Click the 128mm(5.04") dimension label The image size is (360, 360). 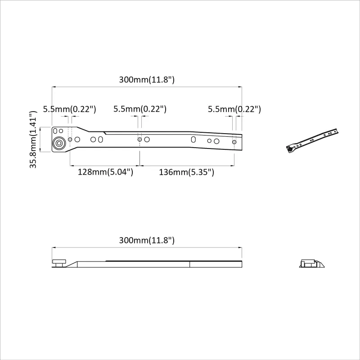(x=105, y=172)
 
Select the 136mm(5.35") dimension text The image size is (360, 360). (x=186, y=172)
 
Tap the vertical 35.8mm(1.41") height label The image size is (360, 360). (x=33, y=139)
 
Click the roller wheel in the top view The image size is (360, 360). (x=59, y=143)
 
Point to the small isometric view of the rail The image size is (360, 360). (x=312, y=141)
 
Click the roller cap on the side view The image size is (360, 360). (x=59, y=261)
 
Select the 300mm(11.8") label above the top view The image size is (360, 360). (x=147, y=80)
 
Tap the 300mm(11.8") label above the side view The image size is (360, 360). (x=147, y=240)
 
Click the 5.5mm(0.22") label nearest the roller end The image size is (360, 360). (x=70, y=109)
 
